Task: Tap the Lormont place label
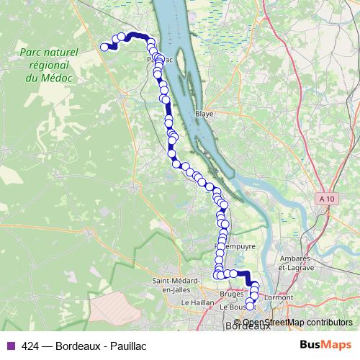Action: (279, 297)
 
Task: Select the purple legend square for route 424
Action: (9, 346)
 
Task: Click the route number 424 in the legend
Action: (30, 346)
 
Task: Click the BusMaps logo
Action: (327, 346)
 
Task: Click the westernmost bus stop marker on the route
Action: (104, 48)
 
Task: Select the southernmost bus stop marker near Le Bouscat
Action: (250, 307)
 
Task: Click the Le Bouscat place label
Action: (234, 307)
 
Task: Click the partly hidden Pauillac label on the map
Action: (160, 60)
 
